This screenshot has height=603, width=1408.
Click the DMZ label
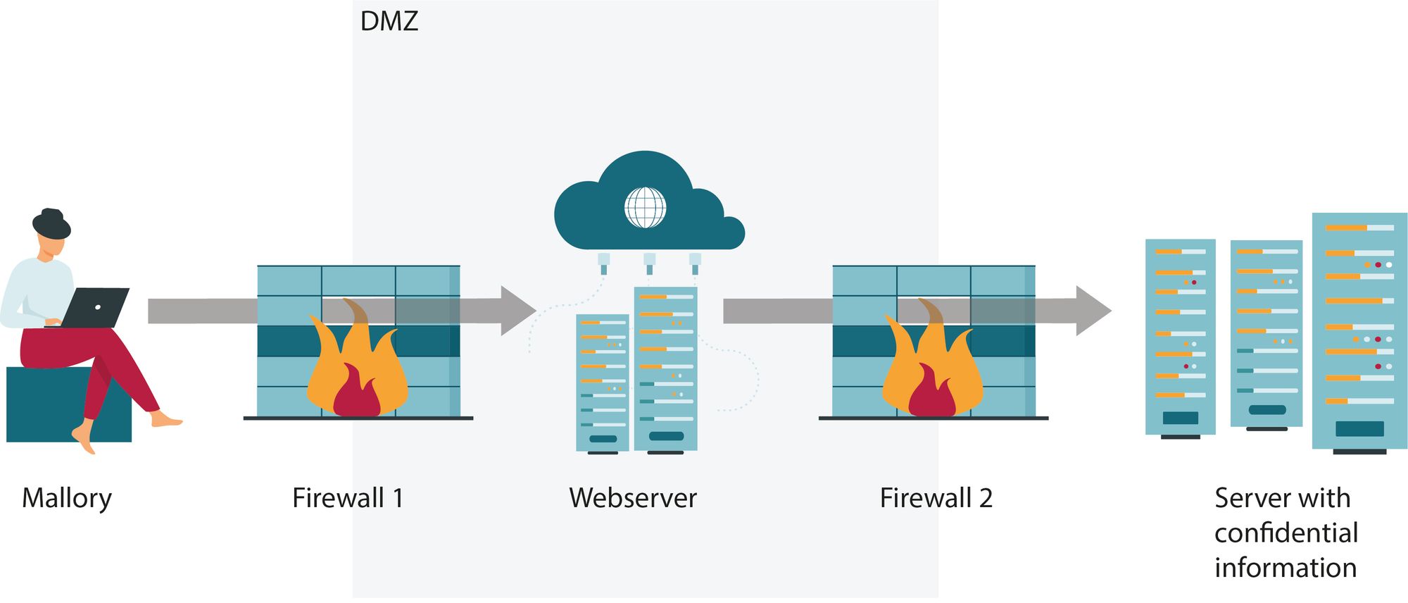pyautogui.click(x=389, y=21)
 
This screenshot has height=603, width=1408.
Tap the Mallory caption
pyautogui.click(x=67, y=498)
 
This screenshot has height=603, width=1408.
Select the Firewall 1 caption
pyautogui.click(x=348, y=498)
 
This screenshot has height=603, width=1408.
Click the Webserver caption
pyautogui.click(x=633, y=498)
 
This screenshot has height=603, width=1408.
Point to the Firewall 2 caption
pyautogui.click(x=936, y=498)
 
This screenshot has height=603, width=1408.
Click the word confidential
pyautogui.click(x=1286, y=533)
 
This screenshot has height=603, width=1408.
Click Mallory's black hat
pyautogui.click(x=51, y=223)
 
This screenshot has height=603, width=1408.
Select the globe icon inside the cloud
pyautogui.click(x=645, y=208)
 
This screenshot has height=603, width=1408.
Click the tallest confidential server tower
pyautogui.click(x=1359, y=331)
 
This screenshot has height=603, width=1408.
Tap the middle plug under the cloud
pyautogui.click(x=649, y=263)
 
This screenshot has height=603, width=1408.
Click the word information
pyautogui.click(x=1286, y=568)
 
